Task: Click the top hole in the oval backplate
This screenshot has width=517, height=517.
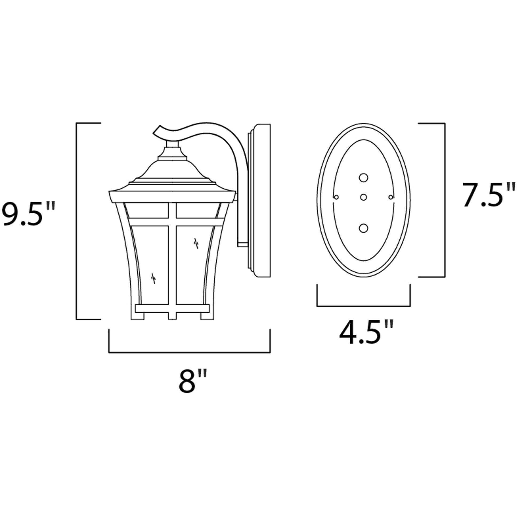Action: point(363,178)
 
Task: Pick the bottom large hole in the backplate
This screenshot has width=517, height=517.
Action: point(363,228)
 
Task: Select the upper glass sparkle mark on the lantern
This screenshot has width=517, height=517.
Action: point(196,243)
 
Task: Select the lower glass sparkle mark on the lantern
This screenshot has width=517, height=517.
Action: point(153,279)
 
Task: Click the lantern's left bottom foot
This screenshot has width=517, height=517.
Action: point(137,316)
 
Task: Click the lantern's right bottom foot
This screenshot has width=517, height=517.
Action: point(207,316)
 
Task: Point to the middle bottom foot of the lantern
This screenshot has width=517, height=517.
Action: point(172,316)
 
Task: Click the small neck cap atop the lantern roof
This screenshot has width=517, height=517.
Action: point(172,144)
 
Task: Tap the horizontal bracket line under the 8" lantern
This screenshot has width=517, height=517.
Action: point(189,353)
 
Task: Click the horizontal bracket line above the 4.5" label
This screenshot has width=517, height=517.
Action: point(363,306)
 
